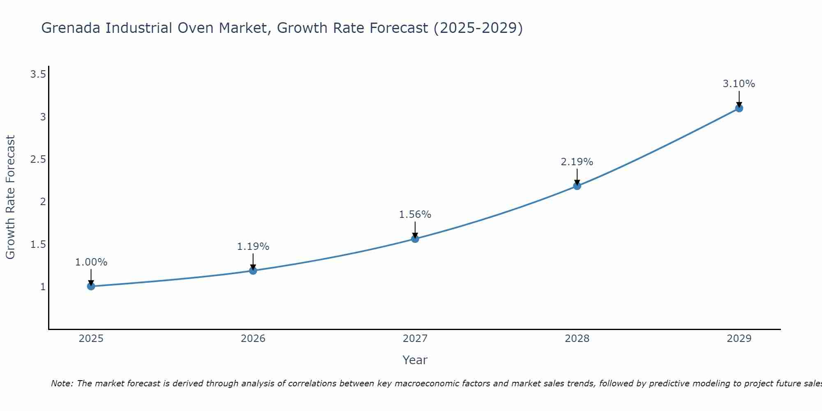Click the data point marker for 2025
pos(91,286)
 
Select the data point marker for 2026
pos(253,270)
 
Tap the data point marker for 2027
pos(415,239)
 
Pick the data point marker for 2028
pos(577,186)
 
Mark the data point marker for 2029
pos(739,109)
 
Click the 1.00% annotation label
pos(91,262)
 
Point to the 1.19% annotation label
pos(253,247)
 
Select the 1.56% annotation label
pos(415,215)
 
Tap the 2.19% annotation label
pos(577,162)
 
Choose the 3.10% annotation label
pos(739,84)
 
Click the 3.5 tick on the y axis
pos(38,74)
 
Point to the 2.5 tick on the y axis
pos(38,159)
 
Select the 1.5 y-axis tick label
pos(38,245)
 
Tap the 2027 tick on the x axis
pos(415,339)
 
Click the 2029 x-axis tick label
pos(739,339)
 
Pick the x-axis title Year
pos(415,360)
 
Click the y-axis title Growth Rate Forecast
pos(10,197)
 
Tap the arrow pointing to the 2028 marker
pos(577,177)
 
